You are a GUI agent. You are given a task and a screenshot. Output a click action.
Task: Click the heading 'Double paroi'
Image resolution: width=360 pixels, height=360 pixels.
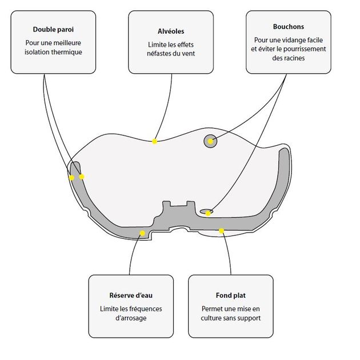[x=53, y=29]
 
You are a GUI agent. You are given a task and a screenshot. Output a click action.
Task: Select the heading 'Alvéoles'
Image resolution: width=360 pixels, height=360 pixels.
[x=171, y=31]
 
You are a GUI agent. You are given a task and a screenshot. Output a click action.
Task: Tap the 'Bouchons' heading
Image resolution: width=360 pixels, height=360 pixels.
[x=289, y=27]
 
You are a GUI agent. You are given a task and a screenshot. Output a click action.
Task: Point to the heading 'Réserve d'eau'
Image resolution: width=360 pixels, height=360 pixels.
[x=131, y=295]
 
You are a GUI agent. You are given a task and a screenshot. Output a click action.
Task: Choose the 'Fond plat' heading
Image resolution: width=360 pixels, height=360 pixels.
[x=231, y=295]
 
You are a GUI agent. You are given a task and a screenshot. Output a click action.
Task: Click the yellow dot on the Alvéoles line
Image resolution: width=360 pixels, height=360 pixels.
[x=154, y=142]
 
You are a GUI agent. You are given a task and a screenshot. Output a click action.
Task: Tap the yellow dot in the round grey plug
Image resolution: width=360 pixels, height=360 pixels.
[x=210, y=141]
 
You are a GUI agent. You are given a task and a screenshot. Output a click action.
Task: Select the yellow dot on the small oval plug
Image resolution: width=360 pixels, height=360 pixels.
[x=208, y=214]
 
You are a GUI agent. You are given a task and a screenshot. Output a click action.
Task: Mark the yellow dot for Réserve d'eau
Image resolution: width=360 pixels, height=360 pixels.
[x=142, y=233]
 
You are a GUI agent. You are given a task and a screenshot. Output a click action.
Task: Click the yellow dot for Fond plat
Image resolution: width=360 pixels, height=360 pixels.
[x=221, y=231]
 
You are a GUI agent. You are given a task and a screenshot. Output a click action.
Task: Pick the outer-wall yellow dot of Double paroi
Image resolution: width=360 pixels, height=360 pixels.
[x=71, y=178]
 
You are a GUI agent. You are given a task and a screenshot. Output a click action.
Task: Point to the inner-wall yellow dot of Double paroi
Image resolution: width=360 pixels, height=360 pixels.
[x=82, y=177]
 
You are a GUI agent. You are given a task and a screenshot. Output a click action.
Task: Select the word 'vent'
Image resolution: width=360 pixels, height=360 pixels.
[x=188, y=54]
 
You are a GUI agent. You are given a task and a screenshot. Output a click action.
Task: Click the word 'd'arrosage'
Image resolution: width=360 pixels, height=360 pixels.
[x=131, y=318]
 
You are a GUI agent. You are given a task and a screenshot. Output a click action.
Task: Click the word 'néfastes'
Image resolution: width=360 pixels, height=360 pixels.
[x=158, y=54]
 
